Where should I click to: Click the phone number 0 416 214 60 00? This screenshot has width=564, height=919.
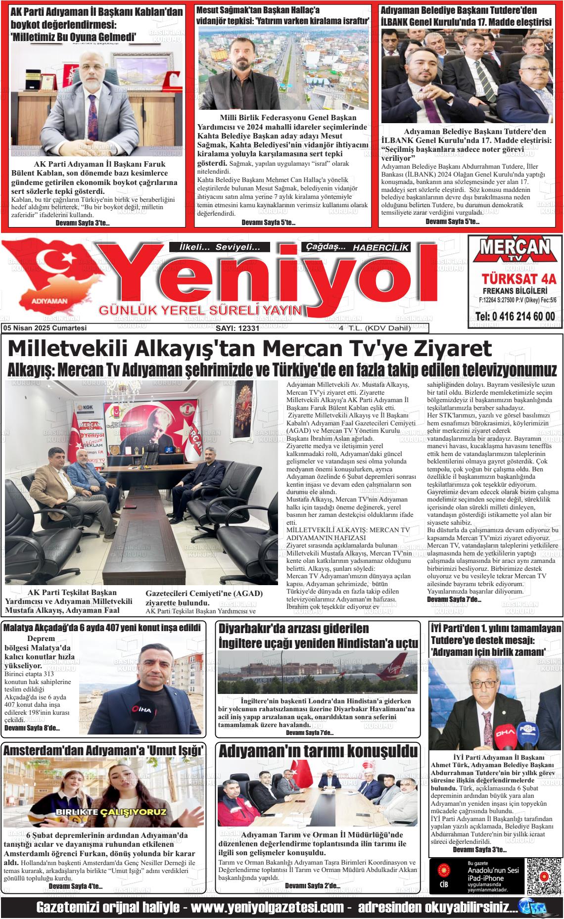click(x=515, y=317)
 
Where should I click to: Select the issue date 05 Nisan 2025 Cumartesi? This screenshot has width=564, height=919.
click(x=45, y=328)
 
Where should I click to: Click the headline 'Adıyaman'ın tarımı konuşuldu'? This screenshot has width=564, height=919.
click(x=318, y=751)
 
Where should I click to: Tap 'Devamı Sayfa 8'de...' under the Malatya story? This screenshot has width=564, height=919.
click(x=32, y=728)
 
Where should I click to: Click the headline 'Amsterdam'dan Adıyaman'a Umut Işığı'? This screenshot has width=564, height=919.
click(x=104, y=750)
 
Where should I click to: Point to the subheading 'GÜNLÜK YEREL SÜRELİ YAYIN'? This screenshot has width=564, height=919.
click(x=200, y=310)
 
